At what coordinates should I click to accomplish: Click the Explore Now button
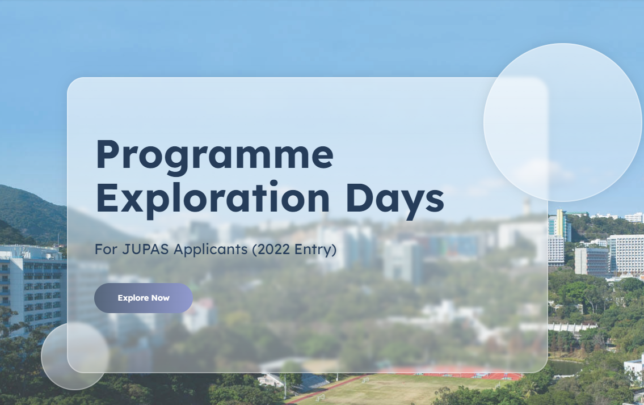pyautogui.click(x=144, y=298)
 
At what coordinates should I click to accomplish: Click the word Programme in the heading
pyautogui.click(x=214, y=156)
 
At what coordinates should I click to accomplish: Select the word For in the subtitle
pyautogui.click(x=106, y=249)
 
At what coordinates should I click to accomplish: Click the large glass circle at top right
pyautogui.click(x=563, y=123)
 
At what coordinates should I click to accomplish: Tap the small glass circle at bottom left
pyautogui.click(x=75, y=356)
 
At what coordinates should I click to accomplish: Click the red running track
pyautogui.click(x=452, y=373)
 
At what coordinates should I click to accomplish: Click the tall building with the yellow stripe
pyautogui.click(x=559, y=225)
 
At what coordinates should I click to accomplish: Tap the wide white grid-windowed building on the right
pyautogui.click(x=625, y=254)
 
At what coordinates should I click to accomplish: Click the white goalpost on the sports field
pyautogui.click(x=319, y=398)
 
